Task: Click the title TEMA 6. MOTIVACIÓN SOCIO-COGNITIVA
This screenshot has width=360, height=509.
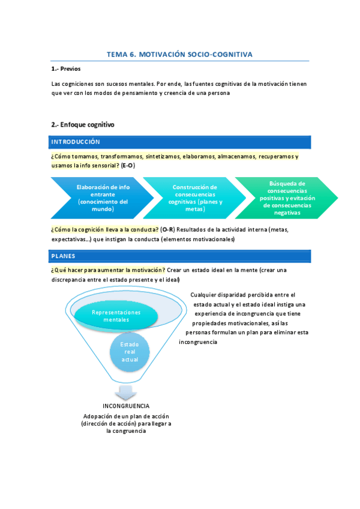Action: click(179, 55)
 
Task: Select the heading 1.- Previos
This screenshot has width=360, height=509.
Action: click(67, 69)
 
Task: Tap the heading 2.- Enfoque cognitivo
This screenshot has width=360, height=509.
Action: click(83, 125)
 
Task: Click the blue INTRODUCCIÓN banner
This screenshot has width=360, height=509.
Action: click(181, 142)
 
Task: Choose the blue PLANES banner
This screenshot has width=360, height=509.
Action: click(181, 256)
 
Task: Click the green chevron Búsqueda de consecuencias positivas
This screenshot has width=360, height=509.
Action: click(287, 198)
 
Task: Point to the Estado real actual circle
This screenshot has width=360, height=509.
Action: click(130, 352)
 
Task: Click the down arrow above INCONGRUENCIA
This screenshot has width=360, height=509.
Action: click(126, 392)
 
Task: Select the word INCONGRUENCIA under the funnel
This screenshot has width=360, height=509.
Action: click(126, 406)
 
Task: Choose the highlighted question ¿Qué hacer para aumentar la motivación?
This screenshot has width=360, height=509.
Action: click(108, 270)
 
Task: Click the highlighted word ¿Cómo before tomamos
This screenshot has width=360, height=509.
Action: click(60, 157)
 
